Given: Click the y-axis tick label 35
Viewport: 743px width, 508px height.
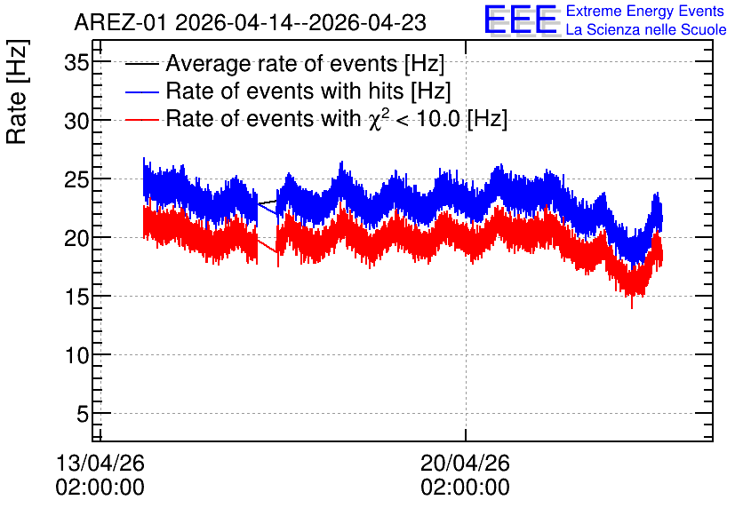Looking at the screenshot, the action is point(76,62).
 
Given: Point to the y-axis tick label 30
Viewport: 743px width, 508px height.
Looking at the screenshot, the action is point(76,121).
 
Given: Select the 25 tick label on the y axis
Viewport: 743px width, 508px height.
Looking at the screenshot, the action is point(76,180).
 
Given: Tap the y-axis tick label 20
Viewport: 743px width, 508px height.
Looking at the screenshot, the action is point(76,239).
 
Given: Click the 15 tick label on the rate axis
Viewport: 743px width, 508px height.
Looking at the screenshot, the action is point(76,298).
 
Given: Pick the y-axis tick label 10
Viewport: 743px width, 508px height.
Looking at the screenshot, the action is point(76,355).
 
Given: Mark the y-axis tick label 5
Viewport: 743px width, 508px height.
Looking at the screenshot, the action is point(83,414).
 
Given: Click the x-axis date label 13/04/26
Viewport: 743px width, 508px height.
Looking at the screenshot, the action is point(100,463).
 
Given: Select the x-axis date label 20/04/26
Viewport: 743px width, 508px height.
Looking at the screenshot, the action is point(465,463).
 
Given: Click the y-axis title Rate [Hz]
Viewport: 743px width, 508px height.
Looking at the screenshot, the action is point(17,91).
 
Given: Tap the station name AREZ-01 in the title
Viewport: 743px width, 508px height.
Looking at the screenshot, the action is point(120,23).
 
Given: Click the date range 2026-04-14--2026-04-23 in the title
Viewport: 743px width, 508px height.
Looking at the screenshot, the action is point(301,23).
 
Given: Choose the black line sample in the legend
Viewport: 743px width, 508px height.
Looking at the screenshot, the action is point(141,64).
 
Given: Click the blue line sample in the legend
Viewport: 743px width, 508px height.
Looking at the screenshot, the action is point(141,91).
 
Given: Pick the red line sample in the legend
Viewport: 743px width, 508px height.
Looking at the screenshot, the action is point(141,119).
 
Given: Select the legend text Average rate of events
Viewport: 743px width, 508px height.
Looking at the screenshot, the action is point(282,63).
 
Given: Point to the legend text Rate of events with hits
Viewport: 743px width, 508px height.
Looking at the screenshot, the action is point(284,91).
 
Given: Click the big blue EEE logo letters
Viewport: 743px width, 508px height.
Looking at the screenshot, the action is point(521,20).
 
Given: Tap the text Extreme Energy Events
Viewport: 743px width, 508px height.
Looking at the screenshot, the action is point(645,12).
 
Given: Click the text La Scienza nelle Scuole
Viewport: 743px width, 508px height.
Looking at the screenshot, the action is point(646,30).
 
